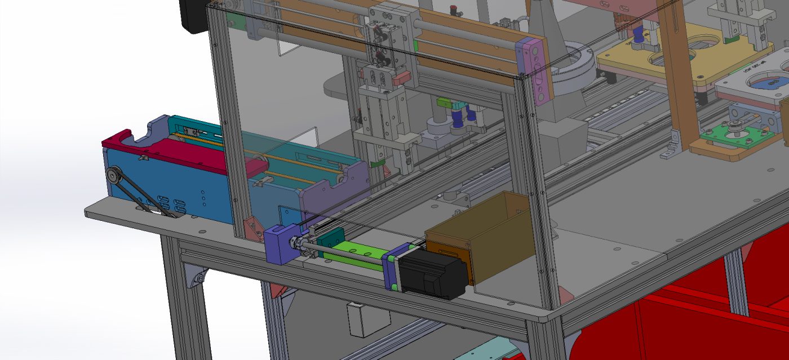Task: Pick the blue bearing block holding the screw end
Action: point(279,243)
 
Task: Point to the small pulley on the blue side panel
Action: point(115,176)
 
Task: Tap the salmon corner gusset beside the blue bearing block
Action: point(250,228)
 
